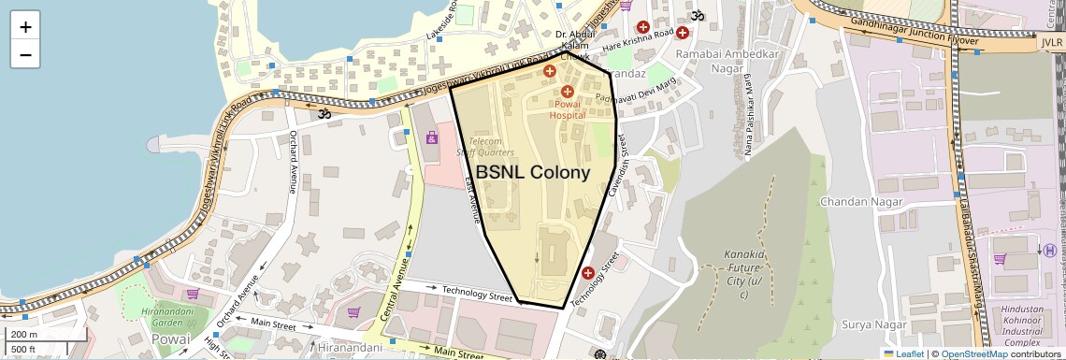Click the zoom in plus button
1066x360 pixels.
[x=25, y=27]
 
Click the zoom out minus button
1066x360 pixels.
[x=25, y=54]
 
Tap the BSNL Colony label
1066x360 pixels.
[x=533, y=173]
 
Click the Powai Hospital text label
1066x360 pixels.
[x=567, y=109]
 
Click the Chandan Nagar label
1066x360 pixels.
[x=857, y=202]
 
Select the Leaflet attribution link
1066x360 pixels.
[x=903, y=353]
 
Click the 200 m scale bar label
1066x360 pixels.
[x=24, y=334]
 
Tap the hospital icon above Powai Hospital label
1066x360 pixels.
[x=568, y=91]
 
